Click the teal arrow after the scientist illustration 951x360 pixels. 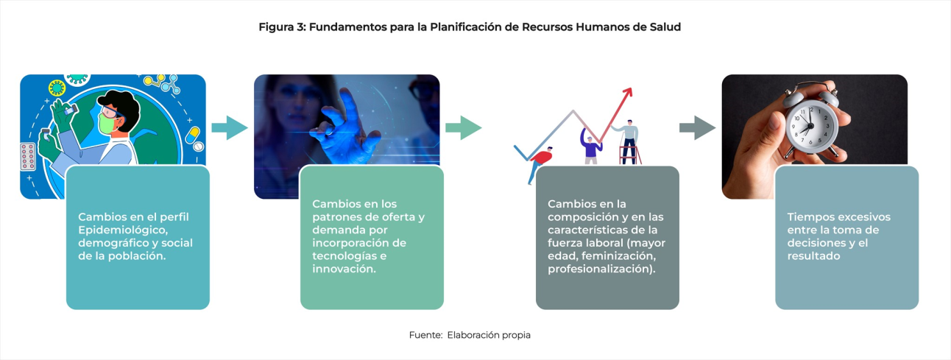[230, 127]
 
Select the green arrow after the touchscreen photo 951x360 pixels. [464, 127]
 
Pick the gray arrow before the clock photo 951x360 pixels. [698, 127]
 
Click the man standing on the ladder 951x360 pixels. [628, 141]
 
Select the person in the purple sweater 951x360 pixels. [590, 146]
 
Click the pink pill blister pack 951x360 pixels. [28, 156]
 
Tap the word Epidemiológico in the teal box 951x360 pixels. [123, 230]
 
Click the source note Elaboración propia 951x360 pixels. [489, 335]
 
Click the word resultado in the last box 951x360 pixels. [813, 256]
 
